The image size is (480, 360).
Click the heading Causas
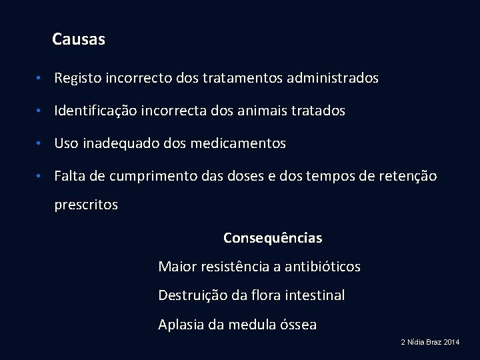coord(79,39)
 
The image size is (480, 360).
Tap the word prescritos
coord(86,205)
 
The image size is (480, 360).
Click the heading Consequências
coord(273,238)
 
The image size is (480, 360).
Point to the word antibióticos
coord(323,267)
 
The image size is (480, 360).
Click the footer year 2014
coord(451,342)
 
